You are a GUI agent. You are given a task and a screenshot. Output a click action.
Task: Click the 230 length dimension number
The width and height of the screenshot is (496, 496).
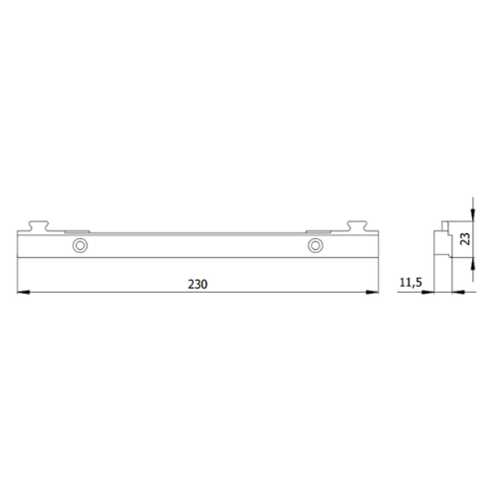198,284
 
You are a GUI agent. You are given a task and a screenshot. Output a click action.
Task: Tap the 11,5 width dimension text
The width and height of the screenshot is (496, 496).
411,283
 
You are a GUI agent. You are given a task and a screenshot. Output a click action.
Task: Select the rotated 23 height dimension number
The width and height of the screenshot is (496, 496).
465,239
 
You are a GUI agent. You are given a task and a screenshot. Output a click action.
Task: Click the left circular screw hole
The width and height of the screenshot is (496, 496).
80,246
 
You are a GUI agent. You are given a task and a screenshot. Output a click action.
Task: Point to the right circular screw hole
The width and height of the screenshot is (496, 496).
315,246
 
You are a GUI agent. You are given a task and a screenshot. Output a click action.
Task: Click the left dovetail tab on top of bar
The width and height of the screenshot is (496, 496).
38,226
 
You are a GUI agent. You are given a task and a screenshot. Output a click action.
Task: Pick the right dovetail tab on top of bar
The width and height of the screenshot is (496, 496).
357,226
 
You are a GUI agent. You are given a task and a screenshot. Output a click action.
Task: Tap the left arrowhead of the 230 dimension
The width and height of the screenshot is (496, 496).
23,293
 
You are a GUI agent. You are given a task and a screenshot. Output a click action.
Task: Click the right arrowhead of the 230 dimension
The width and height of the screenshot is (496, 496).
372,293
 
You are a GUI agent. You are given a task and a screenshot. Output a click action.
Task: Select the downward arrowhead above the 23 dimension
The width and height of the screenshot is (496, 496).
473,214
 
